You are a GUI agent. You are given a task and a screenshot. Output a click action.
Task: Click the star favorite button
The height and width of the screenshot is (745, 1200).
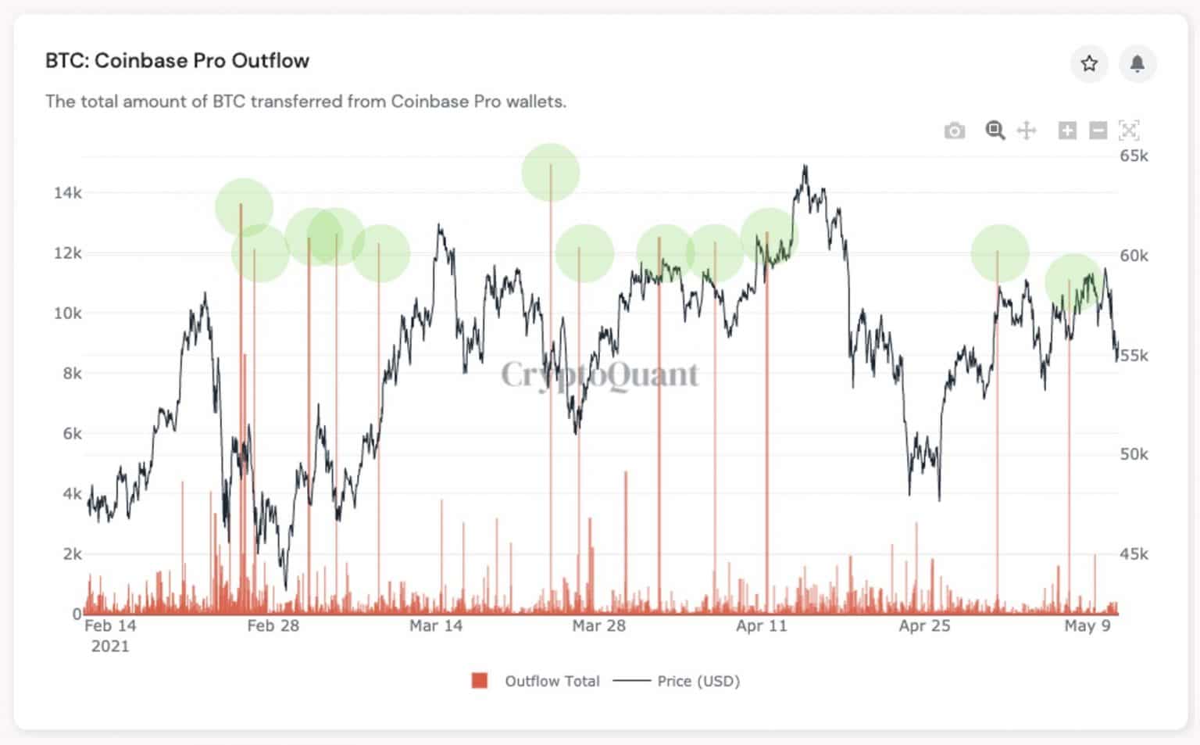tap(1089, 63)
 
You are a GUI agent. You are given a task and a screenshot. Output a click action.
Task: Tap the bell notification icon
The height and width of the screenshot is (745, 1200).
tap(1137, 63)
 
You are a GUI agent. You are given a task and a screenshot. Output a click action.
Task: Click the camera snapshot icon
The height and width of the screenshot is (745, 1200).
tap(954, 131)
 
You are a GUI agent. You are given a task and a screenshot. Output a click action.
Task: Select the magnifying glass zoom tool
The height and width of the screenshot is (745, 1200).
tap(995, 131)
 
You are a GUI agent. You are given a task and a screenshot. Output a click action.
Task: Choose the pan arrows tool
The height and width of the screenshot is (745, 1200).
tap(1027, 131)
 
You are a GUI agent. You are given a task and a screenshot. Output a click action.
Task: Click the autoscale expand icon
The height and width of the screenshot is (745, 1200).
tap(1129, 131)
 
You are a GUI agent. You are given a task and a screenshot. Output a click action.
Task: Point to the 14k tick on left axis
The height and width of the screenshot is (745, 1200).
tap(67, 193)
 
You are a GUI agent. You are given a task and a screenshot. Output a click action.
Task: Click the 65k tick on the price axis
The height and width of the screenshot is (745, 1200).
tap(1134, 156)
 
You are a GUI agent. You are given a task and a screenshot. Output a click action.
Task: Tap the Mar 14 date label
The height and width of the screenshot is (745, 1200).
tap(436, 626)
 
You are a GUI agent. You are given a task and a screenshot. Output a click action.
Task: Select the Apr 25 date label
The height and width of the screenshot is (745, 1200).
tap(924, 626)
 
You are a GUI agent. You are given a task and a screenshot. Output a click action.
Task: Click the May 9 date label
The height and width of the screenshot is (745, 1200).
tap(1087, 626)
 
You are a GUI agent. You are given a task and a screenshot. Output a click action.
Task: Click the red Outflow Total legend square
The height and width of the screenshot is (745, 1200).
tap(480, 681)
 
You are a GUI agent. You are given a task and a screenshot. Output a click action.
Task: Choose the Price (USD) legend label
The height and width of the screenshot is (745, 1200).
tap(698, 681)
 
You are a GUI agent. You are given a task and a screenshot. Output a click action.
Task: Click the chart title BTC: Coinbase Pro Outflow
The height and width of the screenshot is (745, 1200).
tap(177, 61)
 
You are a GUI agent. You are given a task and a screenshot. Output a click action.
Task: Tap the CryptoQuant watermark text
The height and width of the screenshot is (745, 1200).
tap(600, 374)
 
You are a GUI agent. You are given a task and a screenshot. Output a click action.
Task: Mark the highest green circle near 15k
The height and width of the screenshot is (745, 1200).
tap(551, 173)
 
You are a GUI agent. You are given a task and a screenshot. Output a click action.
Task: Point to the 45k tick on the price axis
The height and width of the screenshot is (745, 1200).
tap(1134, 554)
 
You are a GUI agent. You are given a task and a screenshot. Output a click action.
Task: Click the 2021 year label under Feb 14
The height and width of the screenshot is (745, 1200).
tap(110, 647)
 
